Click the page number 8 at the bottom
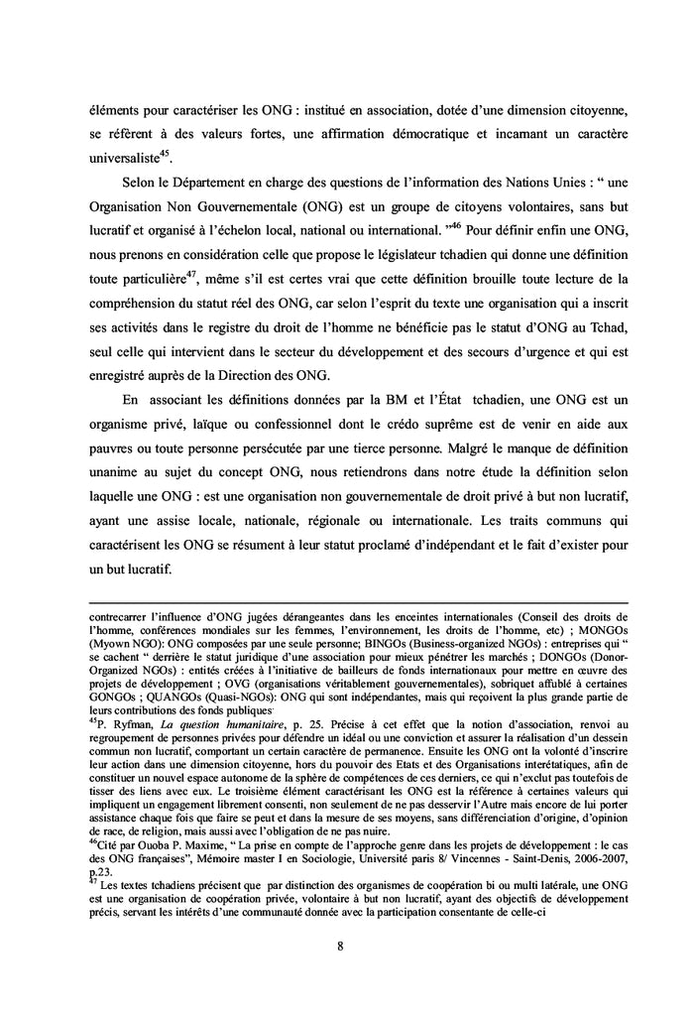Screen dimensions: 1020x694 (340, 946)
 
